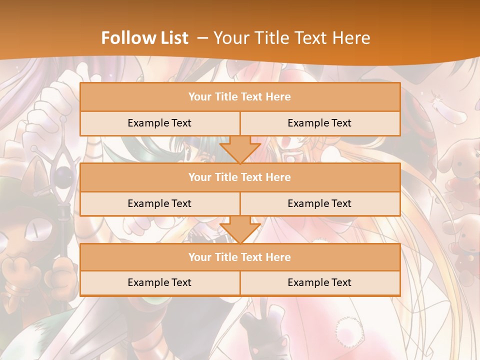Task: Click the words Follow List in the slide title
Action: point(145,38)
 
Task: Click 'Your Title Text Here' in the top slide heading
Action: point(291,38)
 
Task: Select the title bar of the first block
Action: point(240,97)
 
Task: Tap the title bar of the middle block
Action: point(240,177)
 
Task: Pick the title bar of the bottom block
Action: point(240,257)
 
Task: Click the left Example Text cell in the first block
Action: point(159,123)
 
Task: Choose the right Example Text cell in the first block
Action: point(319,123)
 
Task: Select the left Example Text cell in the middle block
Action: point(159,203)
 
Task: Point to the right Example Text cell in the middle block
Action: point(319,203)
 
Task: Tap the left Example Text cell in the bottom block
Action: point(159,282)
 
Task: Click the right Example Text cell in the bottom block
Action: point(319,282)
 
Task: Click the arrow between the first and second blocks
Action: point(240,149)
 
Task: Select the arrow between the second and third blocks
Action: point(240,229)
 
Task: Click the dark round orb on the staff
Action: point(62,175)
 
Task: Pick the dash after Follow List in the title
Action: point(203,38)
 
